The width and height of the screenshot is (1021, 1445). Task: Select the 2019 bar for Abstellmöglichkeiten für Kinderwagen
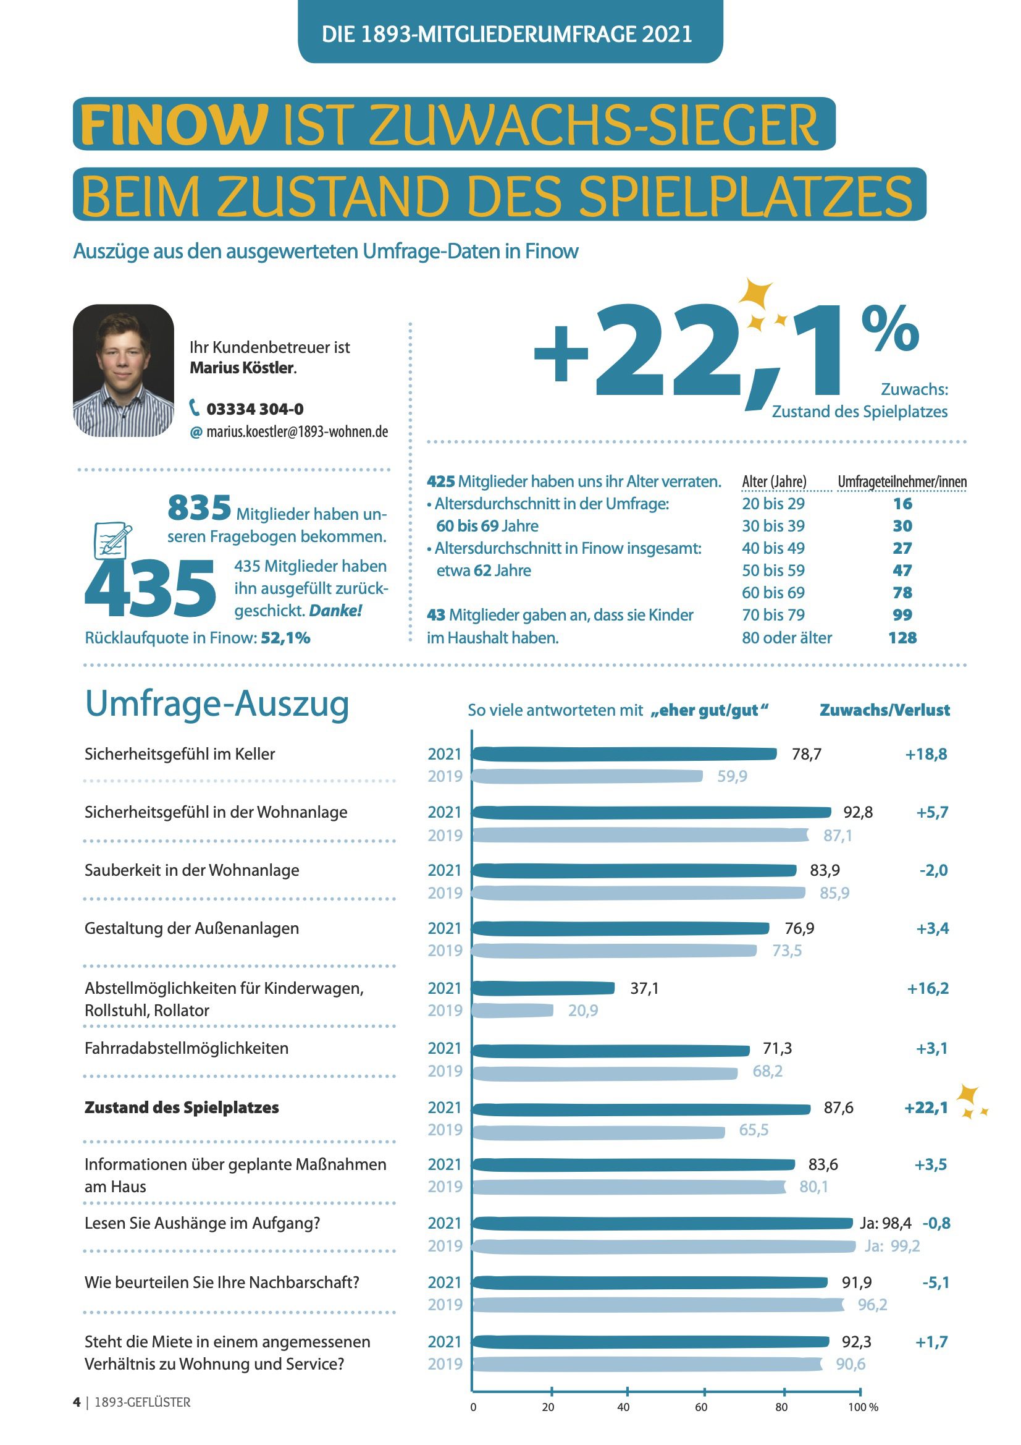pos(512,1010)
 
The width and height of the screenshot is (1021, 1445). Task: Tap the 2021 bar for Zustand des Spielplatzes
pos(641,1109)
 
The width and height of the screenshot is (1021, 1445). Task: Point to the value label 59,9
pos(733,777)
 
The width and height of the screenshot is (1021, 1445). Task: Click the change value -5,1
pos(935,1282)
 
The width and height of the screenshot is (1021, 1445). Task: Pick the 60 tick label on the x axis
pos(701,1407)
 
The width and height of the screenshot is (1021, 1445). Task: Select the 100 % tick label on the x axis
pos(863,1407)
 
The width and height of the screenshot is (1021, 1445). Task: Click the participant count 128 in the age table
pos(902,638)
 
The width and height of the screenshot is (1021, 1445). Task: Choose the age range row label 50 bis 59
pos(773,570)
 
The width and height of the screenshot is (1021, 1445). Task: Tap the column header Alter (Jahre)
pos(774,481)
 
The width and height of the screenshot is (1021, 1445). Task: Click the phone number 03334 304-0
pos(254,409)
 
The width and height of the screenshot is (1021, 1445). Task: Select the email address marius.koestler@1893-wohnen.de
pos(297,432)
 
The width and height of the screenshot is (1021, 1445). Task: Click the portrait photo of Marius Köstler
pos(124,371)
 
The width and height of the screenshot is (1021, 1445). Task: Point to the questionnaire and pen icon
pos(112,541)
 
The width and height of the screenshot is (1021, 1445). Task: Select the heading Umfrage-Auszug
pos(217,703)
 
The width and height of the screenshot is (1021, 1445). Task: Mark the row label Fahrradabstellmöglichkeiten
pos(186,1048)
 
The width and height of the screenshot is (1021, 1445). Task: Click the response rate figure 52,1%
pos(285,638)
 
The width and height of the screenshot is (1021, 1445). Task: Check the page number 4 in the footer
pos(77,1402)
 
